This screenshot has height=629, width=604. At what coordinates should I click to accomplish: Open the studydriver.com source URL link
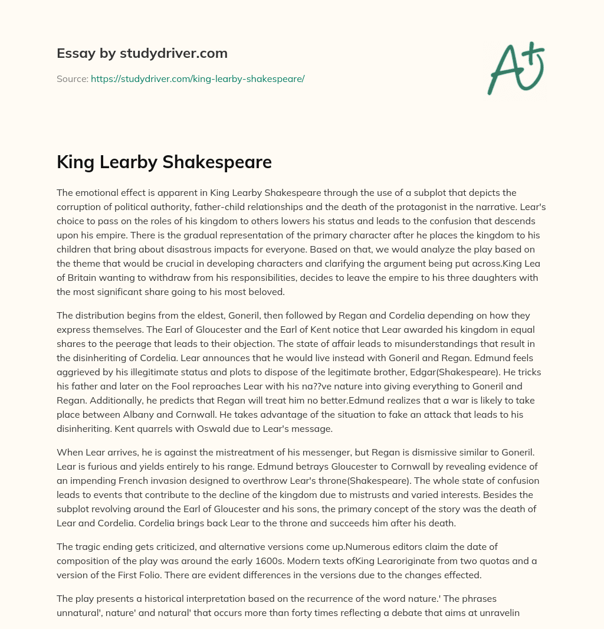click(x=198, y=78)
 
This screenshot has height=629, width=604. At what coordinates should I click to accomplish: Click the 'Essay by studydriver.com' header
click(x=142, y=53)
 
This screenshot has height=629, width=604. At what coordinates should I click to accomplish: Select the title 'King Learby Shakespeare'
click(x=164, y=162)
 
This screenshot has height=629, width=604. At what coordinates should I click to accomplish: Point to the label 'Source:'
click(x=72, y=78)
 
